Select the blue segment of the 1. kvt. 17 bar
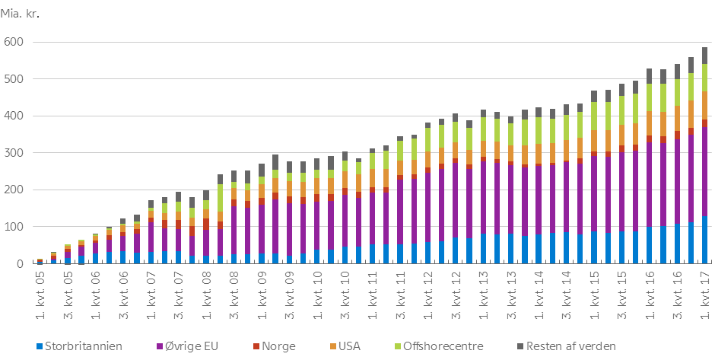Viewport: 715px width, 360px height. point(704,240)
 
